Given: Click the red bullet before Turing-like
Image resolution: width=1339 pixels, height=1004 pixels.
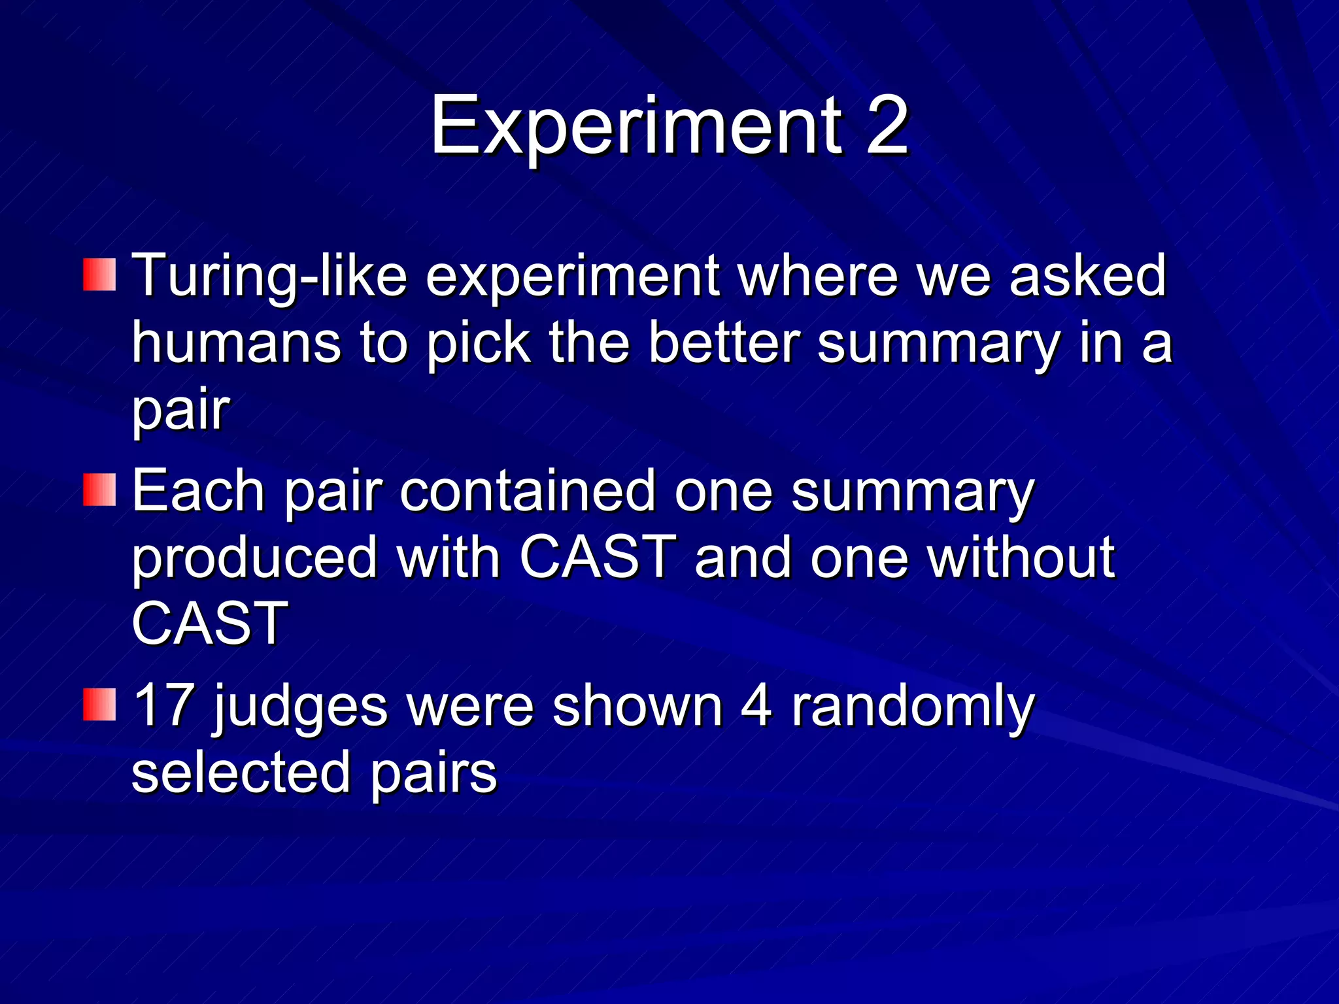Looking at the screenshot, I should point(99,275).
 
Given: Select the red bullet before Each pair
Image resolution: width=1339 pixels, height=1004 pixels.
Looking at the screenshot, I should point(99,490).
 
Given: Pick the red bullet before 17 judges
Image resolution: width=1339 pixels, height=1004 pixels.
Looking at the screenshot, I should point(99,705).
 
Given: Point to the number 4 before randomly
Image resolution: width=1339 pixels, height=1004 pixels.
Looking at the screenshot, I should point(755,706).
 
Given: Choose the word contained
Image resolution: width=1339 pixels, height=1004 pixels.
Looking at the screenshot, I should point(527,492).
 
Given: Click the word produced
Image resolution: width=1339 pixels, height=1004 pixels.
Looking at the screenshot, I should point(255,559).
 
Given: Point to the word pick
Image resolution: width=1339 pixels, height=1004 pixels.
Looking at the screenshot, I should point(478,344).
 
